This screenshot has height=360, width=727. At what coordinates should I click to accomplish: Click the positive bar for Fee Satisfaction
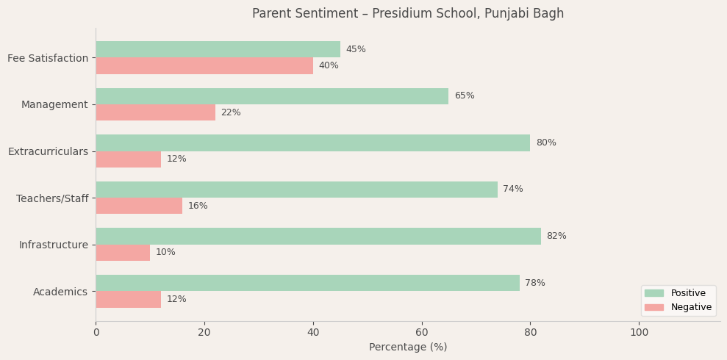click(x=218, y=49)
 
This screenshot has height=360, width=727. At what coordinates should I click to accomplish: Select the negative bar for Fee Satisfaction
click(x=204, y=66)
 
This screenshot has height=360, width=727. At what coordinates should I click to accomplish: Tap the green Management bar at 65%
click(x=272, y=96)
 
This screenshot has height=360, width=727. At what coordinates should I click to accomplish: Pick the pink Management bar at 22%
click(x=155, y=112)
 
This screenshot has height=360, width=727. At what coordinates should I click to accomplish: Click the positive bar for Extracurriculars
click(x=312, y=143)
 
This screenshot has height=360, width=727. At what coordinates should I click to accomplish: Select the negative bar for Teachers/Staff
click(x=139, y=206)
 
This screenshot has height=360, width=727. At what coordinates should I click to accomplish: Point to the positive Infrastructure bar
click(x=318, y=236)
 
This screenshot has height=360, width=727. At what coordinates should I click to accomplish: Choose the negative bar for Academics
click(x=128, y=299)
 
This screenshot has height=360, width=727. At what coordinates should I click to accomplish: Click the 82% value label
click(x=556, y=236)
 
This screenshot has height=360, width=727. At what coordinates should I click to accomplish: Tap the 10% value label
click(x=165, y=253)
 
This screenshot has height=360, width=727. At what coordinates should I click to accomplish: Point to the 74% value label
click(x=513, y=190)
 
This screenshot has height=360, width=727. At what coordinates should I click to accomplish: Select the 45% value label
click(x=356, y=49)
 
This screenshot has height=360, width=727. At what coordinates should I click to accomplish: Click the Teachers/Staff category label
click(x=52, y=198)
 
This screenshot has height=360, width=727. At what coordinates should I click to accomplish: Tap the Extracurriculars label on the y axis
click(x=48, y=151)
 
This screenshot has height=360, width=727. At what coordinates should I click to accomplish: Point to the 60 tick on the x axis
click(x=422, y=332)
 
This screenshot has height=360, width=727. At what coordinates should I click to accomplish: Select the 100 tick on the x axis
click(x=640, y=332)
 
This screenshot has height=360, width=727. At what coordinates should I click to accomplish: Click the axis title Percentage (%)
click(x=408, y=347)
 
